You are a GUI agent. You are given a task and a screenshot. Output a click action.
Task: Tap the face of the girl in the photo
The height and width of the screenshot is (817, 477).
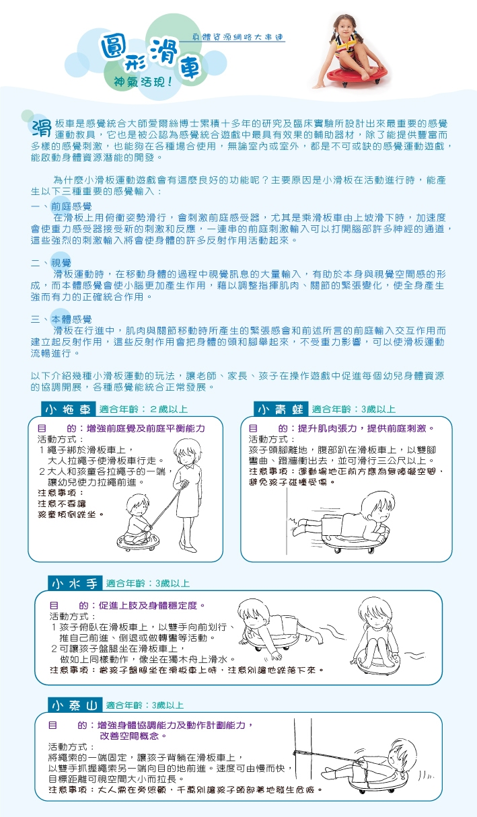pyautogui.click(x=344, y=27)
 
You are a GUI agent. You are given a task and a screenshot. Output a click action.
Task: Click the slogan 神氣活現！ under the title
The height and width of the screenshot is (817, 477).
pyautogui.click(x=143, y=82)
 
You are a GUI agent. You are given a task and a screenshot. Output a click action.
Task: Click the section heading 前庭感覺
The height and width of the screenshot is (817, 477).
pyautogui.click(x=71, y=206)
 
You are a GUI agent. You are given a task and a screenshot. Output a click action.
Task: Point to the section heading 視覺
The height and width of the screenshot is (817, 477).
pyautogui.click(x=61, y=263)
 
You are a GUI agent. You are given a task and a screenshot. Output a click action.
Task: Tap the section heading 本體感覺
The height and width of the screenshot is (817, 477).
pyautogui.click(x=71, y=319)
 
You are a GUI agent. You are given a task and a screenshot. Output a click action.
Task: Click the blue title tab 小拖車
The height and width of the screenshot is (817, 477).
pyautogui.click(x=68, y=410)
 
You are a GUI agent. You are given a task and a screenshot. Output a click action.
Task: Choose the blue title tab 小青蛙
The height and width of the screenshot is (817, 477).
pyautogui.click(x=281, y=410)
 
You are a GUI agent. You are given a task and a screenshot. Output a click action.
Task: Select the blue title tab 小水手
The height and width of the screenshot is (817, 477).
pyautogui.click(x=75, y=584)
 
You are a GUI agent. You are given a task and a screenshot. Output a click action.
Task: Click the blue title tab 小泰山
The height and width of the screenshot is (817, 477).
pyautogui.click(x=75, y=705)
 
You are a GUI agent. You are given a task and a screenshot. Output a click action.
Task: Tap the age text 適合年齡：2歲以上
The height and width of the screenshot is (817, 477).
pyautogui.click(x=143, y=410)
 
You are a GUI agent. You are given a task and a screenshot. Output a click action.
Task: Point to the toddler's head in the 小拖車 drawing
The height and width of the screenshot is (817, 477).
pyautogui.click(x=138, y=505)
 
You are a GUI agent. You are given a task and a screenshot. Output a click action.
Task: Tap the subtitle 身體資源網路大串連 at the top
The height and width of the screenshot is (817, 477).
pyautogui.click(x=238, y=37)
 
